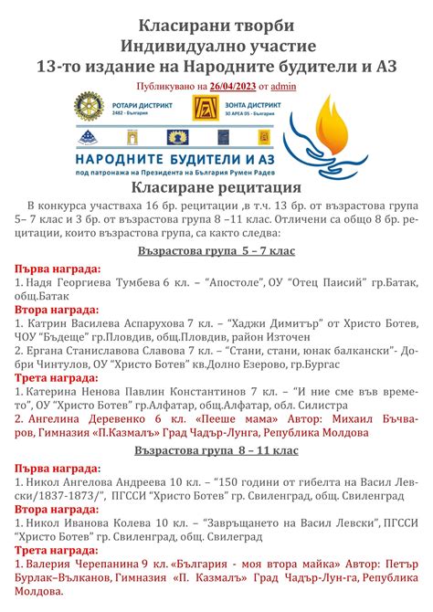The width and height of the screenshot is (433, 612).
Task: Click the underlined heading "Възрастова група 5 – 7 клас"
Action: [x=216, y=248]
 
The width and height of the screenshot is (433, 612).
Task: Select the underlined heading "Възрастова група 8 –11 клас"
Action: [x=216, y=450]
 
